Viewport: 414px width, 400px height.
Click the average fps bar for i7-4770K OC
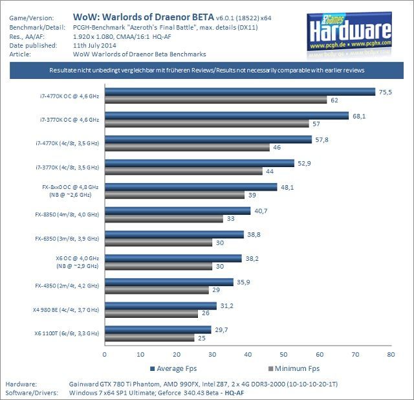pos(239,92)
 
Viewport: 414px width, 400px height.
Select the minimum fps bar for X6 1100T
pos(149,337)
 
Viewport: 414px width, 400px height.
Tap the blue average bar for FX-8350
pos(177,211)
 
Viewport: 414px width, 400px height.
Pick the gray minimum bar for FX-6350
pos(158,243)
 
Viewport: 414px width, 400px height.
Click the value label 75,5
pos(386,92)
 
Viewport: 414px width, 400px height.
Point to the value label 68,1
pos(359,116)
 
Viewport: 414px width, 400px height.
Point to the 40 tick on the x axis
pos(248,354)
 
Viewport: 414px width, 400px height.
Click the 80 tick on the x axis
pos(390,354)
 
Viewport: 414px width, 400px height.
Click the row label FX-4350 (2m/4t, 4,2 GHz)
pos(67,285)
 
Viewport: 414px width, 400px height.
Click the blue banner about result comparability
pos(207,69)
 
